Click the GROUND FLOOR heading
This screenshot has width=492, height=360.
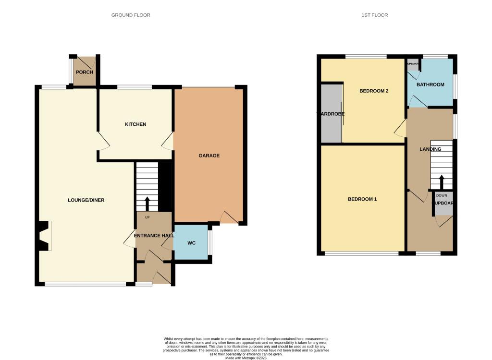tap(131, 15)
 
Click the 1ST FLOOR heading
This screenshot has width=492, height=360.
tap(375, 15)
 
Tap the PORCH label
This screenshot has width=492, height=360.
tap(84, 72)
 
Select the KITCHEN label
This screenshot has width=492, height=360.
tap(135, 124)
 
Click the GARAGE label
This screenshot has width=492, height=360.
tap(209, 156)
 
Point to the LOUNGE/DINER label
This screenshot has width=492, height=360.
tap(86, 200)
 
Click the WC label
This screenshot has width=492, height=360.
tap(191, 243)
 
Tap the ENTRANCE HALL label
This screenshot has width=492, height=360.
tap(154, 235)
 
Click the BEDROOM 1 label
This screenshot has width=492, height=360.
tap(362, 199)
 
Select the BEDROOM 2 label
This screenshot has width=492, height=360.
tap(374, 91)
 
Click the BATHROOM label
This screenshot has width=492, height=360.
tap(430, 84)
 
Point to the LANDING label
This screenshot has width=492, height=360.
tap(430, 149)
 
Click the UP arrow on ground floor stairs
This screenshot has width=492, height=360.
tap(147, 203)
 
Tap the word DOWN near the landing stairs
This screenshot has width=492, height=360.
tap(441, 196)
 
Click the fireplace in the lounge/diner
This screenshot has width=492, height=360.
tap(45, 236)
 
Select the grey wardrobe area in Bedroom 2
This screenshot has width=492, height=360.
tap(331, 113)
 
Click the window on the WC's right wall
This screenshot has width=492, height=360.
tap(210, 242)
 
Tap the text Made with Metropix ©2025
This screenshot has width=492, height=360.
tap(246, 358)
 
